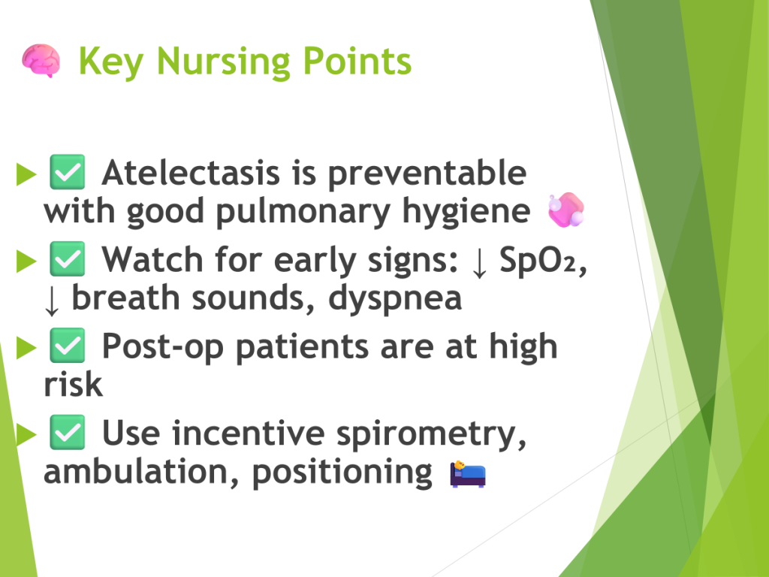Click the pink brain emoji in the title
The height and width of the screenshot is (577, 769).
(41, 60)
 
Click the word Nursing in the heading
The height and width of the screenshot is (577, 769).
(223, 62)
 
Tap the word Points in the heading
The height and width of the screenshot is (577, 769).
(357, 61)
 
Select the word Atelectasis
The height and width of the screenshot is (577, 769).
(191, 173)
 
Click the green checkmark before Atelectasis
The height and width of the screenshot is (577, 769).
(68, 172)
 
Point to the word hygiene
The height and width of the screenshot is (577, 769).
(466, 212)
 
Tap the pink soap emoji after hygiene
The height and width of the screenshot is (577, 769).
(566, 210)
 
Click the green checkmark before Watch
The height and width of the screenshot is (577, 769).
(68, 258)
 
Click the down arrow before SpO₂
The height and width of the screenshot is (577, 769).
(479, 262)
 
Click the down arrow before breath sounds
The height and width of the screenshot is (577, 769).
(52, 301)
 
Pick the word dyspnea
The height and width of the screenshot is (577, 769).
(395, 299)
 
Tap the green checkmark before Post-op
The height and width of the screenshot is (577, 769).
(68, 346)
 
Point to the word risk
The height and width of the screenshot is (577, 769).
(73, 384)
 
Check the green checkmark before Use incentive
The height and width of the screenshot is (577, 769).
(68, 432)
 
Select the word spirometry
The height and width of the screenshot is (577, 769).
(431, 435)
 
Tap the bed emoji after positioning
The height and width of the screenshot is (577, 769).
(468, 473)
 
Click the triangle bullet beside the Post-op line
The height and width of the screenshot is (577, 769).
(26, 347)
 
